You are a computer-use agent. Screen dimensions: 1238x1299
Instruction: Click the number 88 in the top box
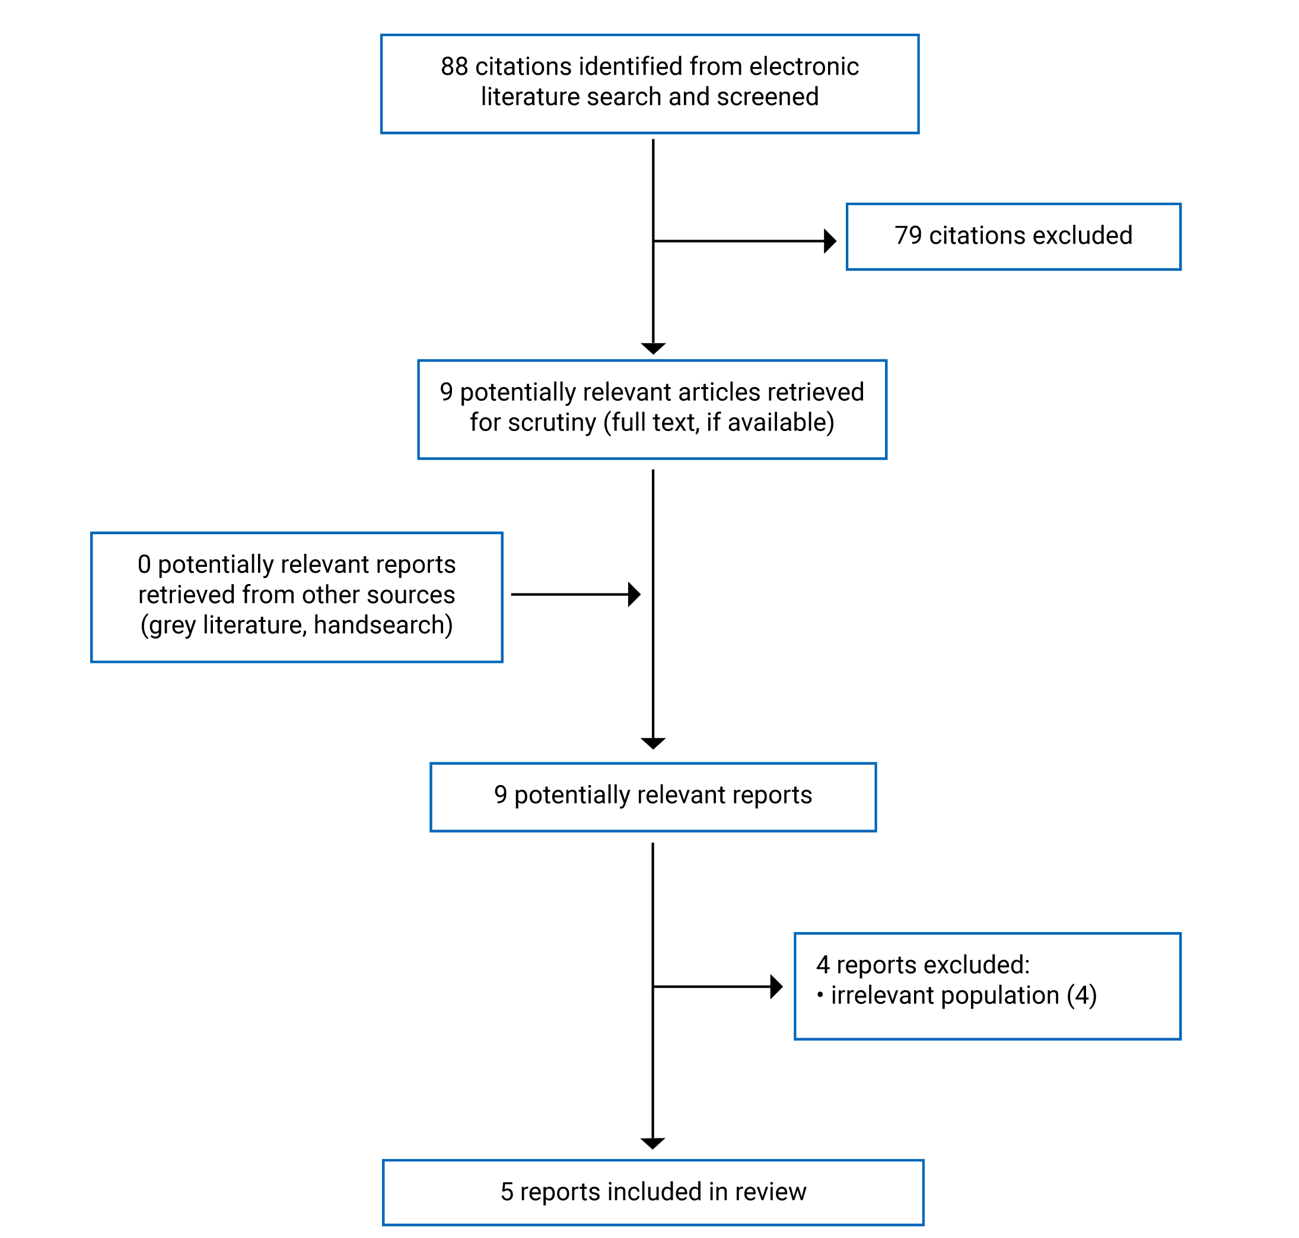(454, 66)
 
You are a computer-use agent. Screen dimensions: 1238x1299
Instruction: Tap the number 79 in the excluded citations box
(908, 235)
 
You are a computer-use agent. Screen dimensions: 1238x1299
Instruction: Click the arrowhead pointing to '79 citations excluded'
(830, 241)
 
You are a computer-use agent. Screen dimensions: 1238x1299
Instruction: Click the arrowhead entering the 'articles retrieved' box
(653, 349)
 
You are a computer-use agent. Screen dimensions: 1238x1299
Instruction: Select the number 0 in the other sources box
(144, 564)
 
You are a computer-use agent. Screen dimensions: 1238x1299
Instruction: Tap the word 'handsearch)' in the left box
(383, 625)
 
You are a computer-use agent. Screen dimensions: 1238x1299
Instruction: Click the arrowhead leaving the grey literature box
(634, 594)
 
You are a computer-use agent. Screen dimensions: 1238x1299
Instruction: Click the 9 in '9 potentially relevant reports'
(501, 795)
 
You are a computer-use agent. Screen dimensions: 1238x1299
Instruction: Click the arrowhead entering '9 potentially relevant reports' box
(653, 744)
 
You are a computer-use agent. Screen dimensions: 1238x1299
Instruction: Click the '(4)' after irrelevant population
(1082, 995)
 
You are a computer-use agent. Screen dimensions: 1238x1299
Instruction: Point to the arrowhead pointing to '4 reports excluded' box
(776, 987)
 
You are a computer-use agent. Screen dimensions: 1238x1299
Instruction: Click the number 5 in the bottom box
(507, 1192)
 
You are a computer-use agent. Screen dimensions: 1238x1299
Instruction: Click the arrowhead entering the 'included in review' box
(652, 1144)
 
